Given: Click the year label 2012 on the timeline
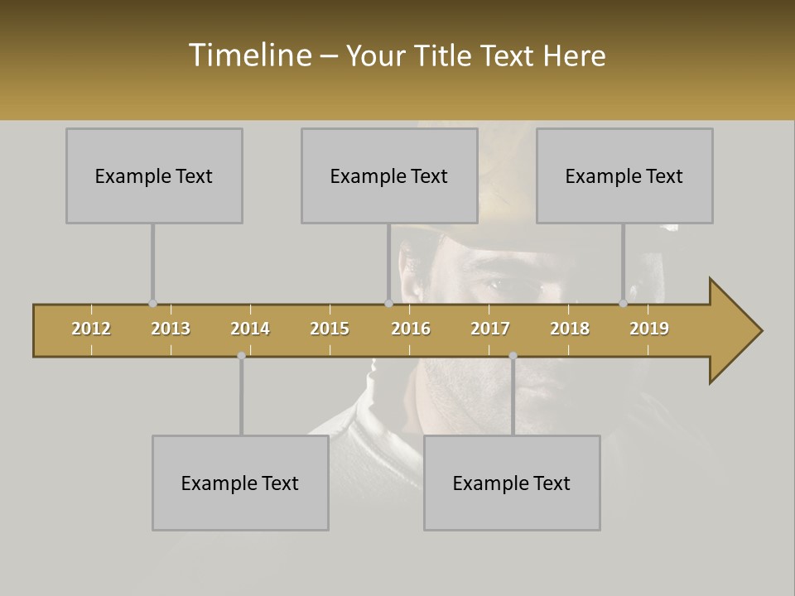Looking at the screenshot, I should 91,329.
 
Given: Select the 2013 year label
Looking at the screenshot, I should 171,329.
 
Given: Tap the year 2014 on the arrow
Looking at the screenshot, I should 250,329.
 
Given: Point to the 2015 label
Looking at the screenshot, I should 330,329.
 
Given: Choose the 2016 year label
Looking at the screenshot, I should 411,329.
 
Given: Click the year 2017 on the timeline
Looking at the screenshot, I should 490,329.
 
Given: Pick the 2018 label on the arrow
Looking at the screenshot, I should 570,329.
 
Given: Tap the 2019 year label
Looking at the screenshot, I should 649,329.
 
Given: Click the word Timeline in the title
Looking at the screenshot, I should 249,55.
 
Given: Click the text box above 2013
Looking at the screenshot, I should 154,175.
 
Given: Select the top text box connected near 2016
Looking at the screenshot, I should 389,175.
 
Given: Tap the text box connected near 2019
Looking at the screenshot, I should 624,175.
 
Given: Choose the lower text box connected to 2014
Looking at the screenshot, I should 240,483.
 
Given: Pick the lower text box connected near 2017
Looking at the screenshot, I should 512,483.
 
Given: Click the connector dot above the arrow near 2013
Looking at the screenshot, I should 152,304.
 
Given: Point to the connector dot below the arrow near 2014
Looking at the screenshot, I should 241,355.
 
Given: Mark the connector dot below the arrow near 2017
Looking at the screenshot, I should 513,355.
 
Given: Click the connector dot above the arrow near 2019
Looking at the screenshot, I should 623,304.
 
